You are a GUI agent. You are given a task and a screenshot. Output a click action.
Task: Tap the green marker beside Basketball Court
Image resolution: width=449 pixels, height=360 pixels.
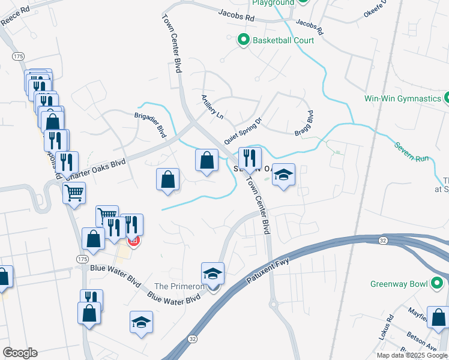[x=244, y=41]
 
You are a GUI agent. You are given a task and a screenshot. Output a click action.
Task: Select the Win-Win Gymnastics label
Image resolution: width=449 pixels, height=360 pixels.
[x=402, y=98]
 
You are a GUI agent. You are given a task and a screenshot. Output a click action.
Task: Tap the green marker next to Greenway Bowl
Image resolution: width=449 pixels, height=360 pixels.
[x=439, y=283]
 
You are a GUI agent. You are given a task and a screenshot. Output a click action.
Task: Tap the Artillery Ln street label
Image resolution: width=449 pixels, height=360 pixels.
[x=212, y=106]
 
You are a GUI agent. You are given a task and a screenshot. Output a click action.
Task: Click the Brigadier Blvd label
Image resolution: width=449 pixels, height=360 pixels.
[x=149, y=124]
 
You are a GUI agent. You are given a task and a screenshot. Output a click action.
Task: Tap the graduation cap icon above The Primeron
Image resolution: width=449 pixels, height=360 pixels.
[x=212, y=274]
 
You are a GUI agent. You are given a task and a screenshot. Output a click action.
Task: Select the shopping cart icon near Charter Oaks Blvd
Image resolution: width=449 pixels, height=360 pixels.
[x=74, y=193]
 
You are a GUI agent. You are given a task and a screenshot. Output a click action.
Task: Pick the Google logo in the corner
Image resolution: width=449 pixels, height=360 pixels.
[x=20, y=353]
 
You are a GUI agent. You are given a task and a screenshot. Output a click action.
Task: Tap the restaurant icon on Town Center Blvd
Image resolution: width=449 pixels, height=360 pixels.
[x=250, y=158]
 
